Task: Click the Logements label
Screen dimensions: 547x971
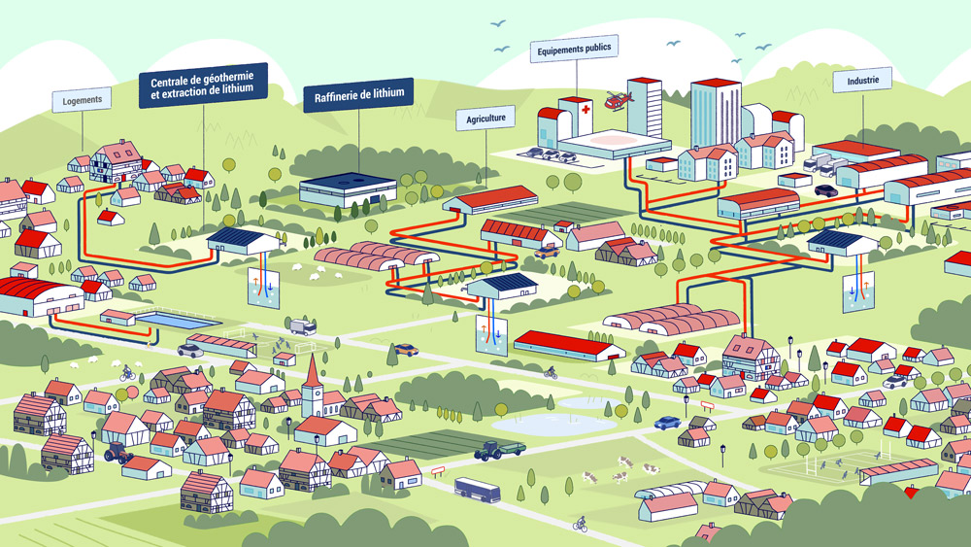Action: [82, 100]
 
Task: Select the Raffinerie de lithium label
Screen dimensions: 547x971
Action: [358, 95]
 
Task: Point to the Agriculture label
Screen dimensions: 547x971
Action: [485, 119]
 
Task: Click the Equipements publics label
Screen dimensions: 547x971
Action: [574, 48]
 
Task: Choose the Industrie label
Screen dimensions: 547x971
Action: [862, 81]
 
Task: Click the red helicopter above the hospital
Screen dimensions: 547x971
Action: [617, 99]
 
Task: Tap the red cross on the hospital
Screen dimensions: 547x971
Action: [583, 111]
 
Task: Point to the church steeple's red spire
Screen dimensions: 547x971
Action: [310, 368]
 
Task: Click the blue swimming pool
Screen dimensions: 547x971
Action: [175, 321]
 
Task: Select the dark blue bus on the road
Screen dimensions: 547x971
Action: [478, 489]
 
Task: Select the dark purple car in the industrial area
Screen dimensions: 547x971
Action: [826, 190]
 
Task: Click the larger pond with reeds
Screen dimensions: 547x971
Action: [540, 425]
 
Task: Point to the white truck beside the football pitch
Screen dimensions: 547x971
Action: [301, 326]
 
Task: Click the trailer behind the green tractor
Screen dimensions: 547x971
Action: [510, 448]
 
